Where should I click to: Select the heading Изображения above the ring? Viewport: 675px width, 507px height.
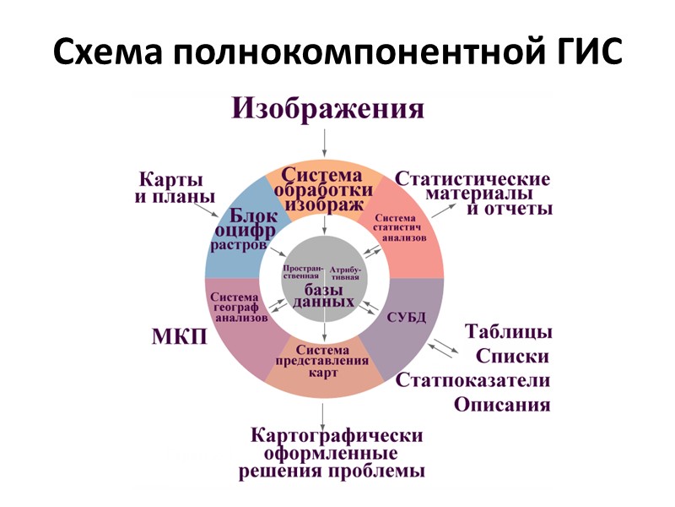tap(328, 109)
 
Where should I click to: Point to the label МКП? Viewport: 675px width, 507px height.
tap(179, 337)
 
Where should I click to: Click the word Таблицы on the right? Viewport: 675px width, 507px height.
tap(509, 330)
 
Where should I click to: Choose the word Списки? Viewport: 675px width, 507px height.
tap(512, 356)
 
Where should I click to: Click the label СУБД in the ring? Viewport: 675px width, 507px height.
tap(406, 318)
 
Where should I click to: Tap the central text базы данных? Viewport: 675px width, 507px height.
tap(324, 296)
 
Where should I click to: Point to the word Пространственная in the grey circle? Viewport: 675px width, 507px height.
tap(303, 272)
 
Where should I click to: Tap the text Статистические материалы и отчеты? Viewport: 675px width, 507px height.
tap(473, 194)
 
